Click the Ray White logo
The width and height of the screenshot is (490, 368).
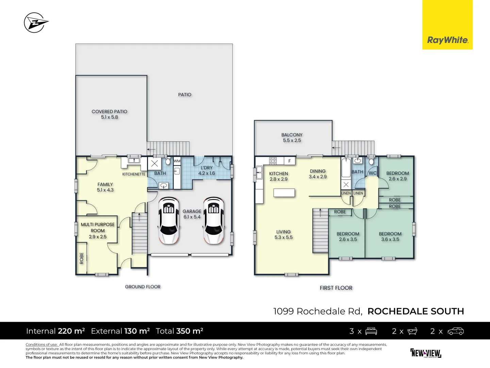tap(447, 40)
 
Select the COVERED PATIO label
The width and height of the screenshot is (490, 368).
tap(109, 114)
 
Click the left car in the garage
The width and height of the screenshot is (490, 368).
tap(169, 220)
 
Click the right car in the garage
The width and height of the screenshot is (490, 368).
tap(213, 220)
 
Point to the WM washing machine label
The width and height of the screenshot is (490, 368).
tap(177, 161)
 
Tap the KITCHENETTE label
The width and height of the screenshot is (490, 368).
tap(134, 174)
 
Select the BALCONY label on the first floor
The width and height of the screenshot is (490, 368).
tap(292, 138)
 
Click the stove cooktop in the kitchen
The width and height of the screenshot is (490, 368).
tap(273, 161)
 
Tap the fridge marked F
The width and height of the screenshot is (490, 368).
tap(290, 161)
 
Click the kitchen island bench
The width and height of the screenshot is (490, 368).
tap(284, 193)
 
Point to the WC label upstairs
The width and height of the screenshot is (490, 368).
tap(373, 173)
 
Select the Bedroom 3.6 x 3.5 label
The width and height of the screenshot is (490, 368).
tap(390, 236)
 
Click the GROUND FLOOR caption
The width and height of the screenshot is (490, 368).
tap(143, 287)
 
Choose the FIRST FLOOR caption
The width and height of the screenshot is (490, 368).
tap(336, 288)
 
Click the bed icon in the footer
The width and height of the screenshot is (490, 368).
tap(371, 331)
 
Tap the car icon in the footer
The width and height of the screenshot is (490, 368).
tap(455, 331)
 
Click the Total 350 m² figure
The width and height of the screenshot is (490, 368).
tap(179, 331)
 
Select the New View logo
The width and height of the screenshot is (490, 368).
tap(426, 353)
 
